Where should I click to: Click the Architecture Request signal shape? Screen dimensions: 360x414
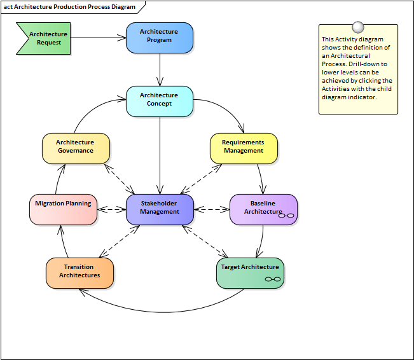pos(45,38)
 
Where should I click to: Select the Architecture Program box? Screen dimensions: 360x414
pos(159,38)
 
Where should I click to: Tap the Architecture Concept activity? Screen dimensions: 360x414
pos(159,101)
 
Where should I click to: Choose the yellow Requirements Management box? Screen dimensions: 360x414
pos(244,148)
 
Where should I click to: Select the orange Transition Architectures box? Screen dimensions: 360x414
pos(79,272)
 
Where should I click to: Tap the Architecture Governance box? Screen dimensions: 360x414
pos(76,148)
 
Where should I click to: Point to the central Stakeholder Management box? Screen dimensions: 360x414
pos(159,209)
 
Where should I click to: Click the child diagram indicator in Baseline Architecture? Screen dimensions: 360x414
pos(287,216)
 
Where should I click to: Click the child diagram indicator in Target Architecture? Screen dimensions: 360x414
pos(273,279)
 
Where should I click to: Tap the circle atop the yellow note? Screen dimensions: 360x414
pos(358,27)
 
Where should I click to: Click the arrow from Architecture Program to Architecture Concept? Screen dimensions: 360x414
pos(160,69)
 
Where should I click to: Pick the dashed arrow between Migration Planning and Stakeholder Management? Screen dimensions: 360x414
pos(111,209)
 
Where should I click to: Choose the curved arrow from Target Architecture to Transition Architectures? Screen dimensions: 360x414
pos(159,303)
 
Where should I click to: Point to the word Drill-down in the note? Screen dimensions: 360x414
pos(369,64)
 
